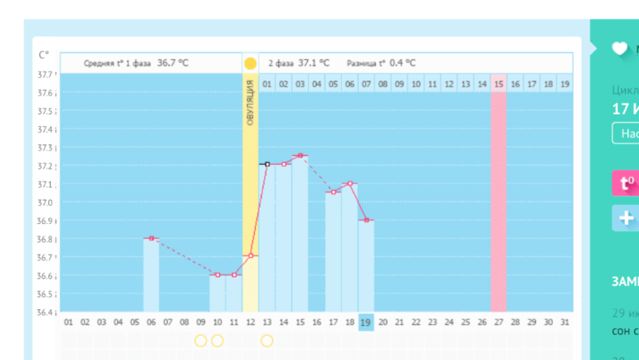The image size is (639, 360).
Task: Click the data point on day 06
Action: (151, 238)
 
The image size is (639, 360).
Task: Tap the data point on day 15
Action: (300, 155)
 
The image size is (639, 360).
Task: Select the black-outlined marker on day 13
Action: (267, 164)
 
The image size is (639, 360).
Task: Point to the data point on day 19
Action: (366, 220)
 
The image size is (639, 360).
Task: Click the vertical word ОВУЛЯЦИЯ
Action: (251, 103)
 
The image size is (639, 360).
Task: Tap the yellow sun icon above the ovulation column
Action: (250, 63)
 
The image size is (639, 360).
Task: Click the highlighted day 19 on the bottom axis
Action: (366, 322)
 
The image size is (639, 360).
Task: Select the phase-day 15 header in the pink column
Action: (499, 84)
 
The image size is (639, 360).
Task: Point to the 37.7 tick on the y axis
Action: (45, 75)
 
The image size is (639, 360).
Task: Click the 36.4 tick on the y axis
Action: (45, 313)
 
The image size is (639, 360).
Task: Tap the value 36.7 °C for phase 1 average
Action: (173, 62)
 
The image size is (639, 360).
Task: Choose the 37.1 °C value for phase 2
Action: (314, 62)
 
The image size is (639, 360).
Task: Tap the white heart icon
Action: (619, 48)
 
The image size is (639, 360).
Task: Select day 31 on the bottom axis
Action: (564, 322)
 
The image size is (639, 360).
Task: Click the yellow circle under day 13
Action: (267, 340)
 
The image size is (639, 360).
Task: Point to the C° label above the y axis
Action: (44, 55)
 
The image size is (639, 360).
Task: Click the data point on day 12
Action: (251, 255)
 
